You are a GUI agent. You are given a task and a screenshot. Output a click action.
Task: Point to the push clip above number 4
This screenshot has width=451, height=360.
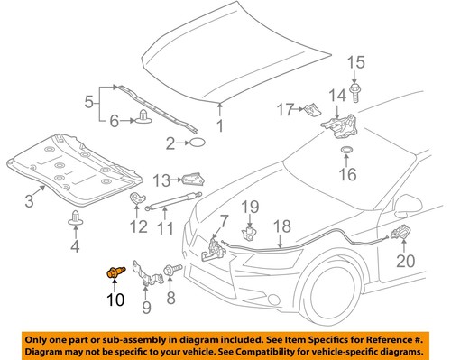pyautogui.click(x=75, y=217)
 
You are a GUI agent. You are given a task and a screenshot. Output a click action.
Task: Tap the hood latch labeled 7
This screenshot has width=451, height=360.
pyautogui.click(x=216, y=244)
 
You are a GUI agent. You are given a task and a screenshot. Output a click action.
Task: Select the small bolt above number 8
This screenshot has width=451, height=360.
pyautogui.click(x=170, y=270)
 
